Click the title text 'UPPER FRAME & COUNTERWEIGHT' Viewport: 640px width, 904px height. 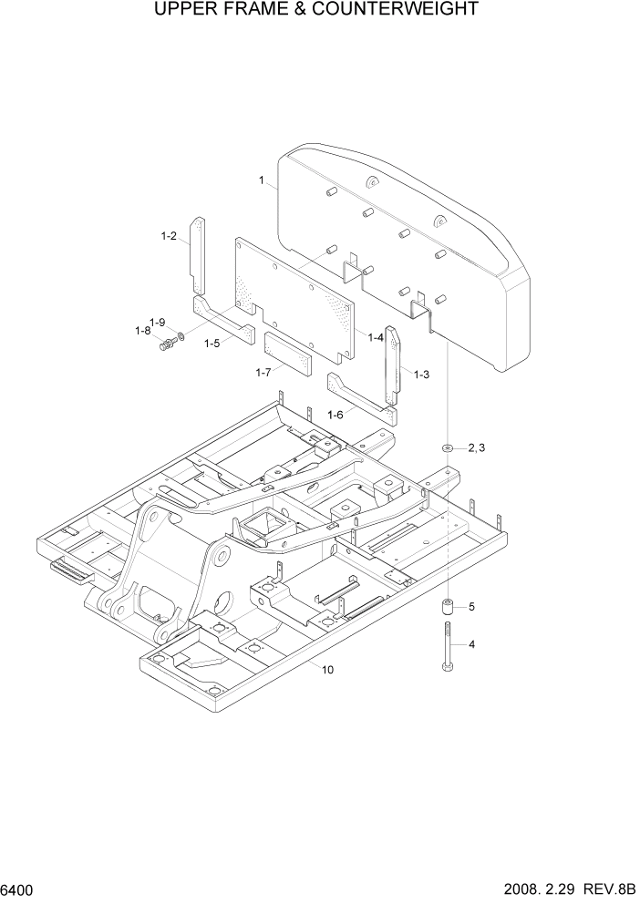(320, 10)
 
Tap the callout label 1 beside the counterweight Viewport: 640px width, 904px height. (262, 181)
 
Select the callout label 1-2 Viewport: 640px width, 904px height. (168, 236)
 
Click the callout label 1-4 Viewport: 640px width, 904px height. (375, 337)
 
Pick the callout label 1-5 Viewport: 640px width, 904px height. (212, 344)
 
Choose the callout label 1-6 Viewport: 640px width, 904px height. (335, 414)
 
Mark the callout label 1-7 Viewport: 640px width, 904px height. (263, 372)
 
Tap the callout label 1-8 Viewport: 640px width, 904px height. (142, 332)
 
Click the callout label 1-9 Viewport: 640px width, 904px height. (157, 322)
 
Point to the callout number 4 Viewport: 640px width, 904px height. (472, 645)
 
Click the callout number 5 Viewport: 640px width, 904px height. (472, 606)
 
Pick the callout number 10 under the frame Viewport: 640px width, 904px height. (327, 670)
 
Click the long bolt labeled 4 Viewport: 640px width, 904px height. (447, 647)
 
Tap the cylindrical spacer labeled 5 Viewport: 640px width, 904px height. (447, 607)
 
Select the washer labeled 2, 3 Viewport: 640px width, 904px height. (448, 447)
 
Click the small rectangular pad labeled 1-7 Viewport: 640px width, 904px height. (288, 354)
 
